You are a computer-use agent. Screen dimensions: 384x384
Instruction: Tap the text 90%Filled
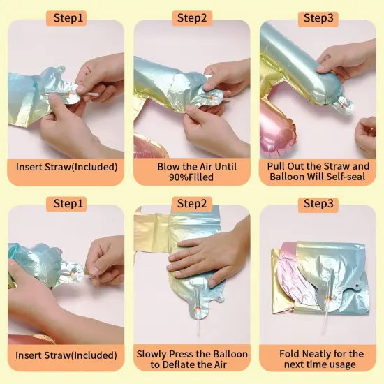[191, 177]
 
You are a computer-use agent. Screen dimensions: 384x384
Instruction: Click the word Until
[226, 167]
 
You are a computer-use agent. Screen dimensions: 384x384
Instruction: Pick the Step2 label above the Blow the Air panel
[192, 18]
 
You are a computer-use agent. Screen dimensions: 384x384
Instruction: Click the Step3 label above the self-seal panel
[318, 18]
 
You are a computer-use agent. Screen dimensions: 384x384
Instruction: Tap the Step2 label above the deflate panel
[192, 204]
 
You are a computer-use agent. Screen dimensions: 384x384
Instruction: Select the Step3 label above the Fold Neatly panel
[318, 204]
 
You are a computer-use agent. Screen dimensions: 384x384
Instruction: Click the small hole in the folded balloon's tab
[357, 286]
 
